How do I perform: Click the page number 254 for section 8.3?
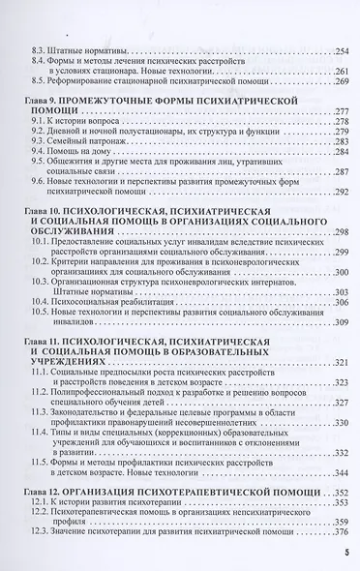pos(341,50)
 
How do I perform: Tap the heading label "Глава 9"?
pos(41,100)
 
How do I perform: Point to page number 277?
pos(341,111)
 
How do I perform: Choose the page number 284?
pos(341,153)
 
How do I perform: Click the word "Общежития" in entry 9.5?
pos(73,164)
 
